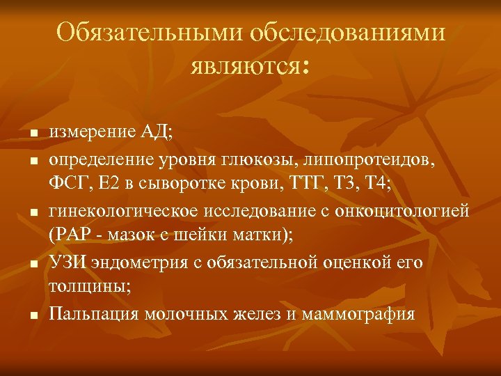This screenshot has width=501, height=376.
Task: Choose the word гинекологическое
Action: [120, 211]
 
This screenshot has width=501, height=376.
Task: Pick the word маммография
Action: [360, 314]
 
